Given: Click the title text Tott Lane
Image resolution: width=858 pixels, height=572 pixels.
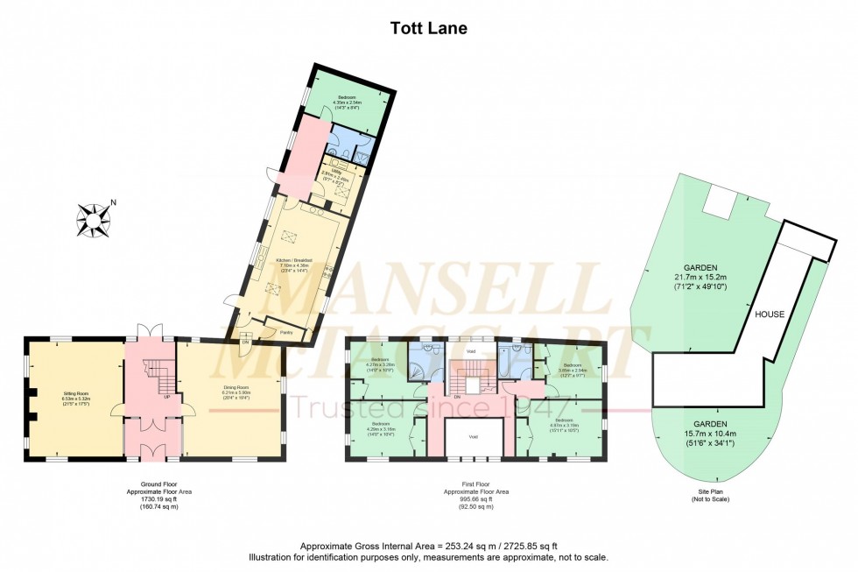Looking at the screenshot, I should [428, 28].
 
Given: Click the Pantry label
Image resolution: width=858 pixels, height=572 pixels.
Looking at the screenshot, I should [285, 332].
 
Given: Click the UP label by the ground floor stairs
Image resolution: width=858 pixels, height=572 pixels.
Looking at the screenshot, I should [166, 396].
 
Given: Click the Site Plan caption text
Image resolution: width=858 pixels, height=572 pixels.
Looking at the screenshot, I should [710, 495].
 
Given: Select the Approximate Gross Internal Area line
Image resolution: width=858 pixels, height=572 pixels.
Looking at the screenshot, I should [428, 544].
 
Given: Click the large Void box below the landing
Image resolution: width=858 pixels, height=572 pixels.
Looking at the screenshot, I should [473, 436].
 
